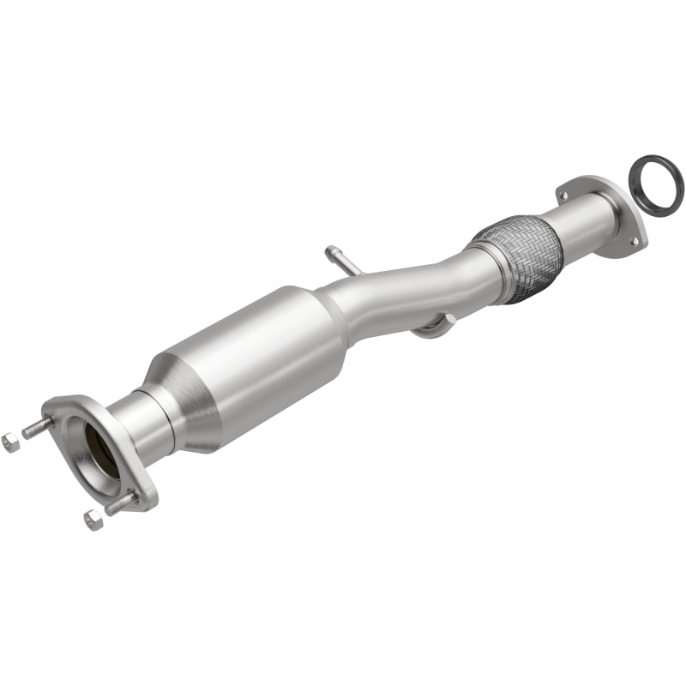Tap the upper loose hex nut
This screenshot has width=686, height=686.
click(10, 442)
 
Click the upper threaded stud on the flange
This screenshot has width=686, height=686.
click(38, 427)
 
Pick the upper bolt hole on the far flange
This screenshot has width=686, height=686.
click(563, 197)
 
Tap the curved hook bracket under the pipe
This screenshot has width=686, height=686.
click(434, 327)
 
